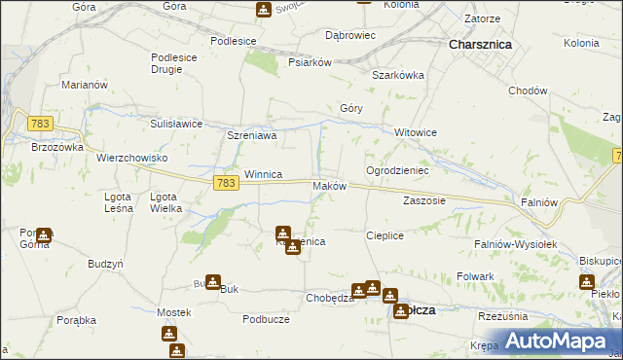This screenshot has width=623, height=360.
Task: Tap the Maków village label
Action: [329, 186]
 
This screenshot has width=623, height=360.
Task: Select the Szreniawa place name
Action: [252, 136]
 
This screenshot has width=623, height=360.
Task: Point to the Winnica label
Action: [263, 174]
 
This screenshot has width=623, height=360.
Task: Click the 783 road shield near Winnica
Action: [226, 183]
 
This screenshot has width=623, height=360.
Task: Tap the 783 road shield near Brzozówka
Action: [40, 124]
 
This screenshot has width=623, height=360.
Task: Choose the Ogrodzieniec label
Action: [397, 169]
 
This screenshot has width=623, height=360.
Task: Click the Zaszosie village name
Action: [423, 200]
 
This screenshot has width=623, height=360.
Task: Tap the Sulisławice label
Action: [175, 124]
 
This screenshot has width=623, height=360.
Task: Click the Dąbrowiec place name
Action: [349, 35]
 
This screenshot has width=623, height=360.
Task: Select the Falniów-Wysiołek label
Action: [515, 244]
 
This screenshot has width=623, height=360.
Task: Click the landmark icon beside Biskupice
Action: [587, 282]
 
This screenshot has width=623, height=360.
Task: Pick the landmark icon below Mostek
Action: [170, 334]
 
